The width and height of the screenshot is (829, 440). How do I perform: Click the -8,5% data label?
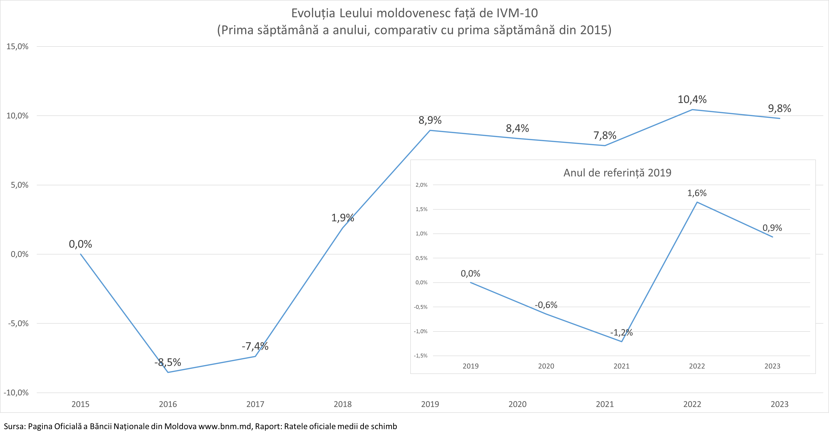point(168,362)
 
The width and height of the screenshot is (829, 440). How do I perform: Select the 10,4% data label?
point(692,100)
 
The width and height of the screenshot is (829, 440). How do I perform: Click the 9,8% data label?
point(779,109)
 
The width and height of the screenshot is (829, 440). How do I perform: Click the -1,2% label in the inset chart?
point(621,333)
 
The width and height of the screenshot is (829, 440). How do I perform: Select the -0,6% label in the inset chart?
point(546,305)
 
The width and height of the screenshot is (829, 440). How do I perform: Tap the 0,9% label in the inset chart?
point(772,228)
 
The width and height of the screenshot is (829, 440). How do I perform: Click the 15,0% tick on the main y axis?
point(17,47)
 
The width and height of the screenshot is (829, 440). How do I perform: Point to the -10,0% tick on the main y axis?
point(16,393)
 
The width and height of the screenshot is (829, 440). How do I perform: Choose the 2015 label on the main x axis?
point(80,404)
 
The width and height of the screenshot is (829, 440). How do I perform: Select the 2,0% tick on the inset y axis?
point(422,185)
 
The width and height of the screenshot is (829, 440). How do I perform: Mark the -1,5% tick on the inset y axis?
point(421,356)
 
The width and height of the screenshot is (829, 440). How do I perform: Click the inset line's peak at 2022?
point(697,202)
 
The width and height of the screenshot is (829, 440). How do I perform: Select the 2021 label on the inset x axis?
point(621,366)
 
